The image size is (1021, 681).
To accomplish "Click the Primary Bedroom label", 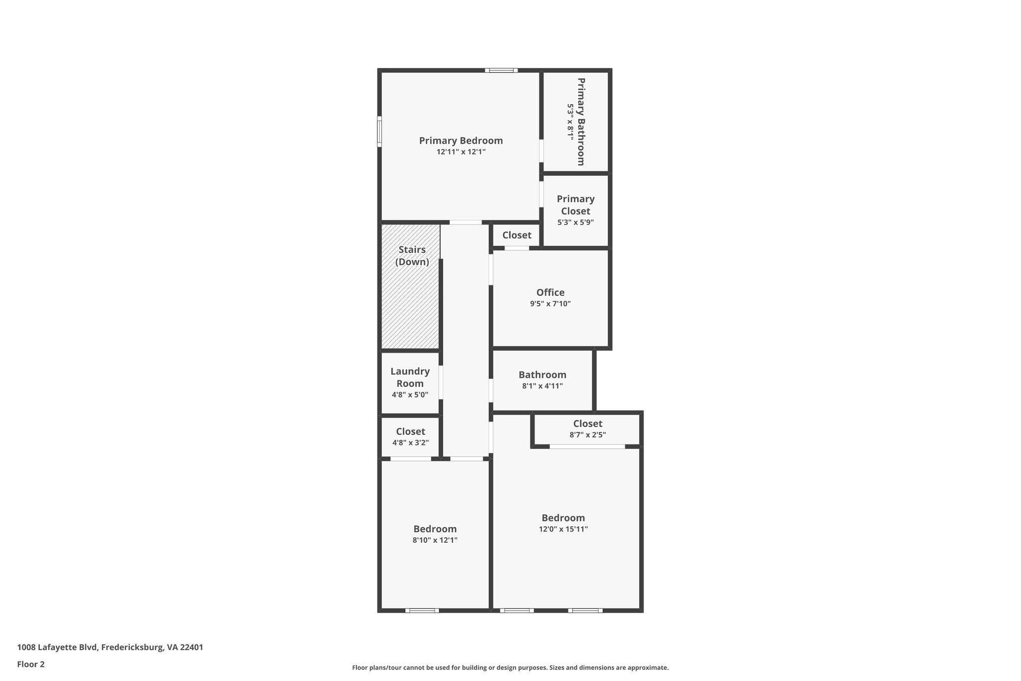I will coord(461,141).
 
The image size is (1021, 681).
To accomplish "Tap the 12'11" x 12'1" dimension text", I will coord(461,152).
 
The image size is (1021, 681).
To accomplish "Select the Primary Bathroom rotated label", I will coord(580,121).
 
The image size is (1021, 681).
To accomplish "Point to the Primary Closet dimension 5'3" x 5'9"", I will coord(575,223).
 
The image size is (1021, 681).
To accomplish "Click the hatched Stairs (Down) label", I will coord(412,255).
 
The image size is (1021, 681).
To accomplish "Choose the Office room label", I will coord(550,293).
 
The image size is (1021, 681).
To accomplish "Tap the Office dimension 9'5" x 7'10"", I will coord(550,304).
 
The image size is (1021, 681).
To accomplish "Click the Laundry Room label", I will coord(410,377).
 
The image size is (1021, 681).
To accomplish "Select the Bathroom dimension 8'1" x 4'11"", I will coord(542,386).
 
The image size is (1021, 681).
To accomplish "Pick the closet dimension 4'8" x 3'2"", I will coord(410,443).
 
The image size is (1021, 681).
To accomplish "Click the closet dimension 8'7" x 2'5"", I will coord(587,435).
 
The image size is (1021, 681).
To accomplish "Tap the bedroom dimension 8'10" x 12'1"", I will coord(435,540).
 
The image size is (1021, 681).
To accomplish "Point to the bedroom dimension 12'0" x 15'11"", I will coord(563,529).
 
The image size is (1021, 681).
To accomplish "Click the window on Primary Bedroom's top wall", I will coord(501,70).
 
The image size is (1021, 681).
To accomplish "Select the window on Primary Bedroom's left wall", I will coord(379,132).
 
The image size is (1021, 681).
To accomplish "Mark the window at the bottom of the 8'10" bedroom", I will coord(422,610).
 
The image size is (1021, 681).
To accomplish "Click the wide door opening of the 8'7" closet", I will coord(587,447).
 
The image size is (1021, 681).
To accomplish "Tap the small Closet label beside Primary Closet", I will coord(516,235).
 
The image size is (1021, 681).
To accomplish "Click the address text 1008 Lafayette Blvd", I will coord(110,647).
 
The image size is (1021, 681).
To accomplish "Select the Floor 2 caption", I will coord(31,664).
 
